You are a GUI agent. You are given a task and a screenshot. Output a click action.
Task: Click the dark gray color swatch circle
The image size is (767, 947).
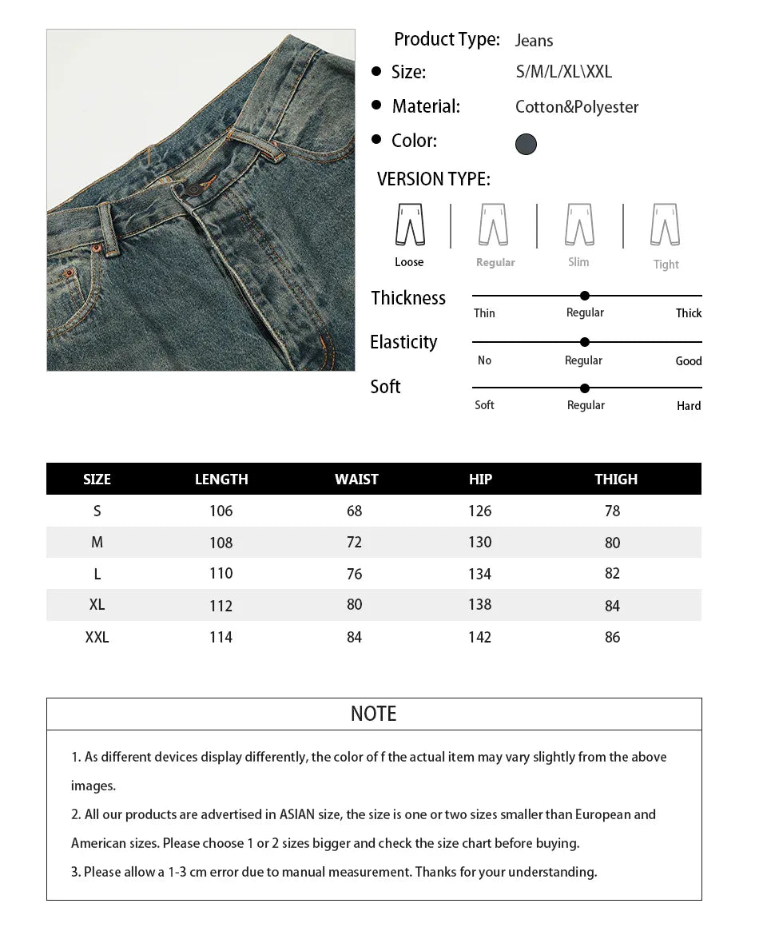(x=526, y=144)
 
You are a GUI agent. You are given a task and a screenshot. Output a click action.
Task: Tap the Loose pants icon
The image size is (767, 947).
(x=410, y=225)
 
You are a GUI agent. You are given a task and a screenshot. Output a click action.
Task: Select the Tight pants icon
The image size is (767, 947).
(x=665, y=225)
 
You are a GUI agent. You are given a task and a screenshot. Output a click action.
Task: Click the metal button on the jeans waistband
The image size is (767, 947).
(x=194, y=191)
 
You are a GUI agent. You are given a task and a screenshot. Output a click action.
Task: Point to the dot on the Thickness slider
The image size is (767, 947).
(x=585, y=296)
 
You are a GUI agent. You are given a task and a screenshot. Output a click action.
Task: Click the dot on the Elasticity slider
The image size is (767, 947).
(x=585, y=342)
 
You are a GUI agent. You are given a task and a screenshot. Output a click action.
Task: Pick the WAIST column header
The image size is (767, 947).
(x=356, y=479)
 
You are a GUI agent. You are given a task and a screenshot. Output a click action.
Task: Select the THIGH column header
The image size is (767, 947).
(x=616, y=479)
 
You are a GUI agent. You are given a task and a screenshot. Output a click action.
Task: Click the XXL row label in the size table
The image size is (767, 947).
(x=97, y=637)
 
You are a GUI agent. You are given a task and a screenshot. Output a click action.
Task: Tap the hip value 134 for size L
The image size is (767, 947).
(x=479, y=574)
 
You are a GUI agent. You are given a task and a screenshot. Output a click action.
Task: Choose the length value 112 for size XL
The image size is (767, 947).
(x=221, y=606)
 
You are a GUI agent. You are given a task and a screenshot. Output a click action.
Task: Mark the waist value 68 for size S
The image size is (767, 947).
(x=355, y=511)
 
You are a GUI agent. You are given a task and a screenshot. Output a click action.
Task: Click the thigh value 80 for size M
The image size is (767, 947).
(x=613, y=543)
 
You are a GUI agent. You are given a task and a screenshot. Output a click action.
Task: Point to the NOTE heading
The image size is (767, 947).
(x=373, y=714)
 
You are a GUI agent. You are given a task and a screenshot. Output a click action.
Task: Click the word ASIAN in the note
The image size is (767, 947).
(x=297, y=814)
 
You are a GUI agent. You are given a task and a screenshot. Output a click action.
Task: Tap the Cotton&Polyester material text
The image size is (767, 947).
(x=577, y=107)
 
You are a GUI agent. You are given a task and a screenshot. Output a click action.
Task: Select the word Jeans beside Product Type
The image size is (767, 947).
(x=534, y=41)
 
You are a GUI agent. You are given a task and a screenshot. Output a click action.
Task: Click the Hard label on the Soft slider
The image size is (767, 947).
(x=689, y=406)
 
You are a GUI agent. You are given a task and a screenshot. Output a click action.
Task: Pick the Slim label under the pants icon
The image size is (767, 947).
(x=578, y=262)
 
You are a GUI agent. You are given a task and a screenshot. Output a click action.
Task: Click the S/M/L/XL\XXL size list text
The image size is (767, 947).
(x=564, y=72)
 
